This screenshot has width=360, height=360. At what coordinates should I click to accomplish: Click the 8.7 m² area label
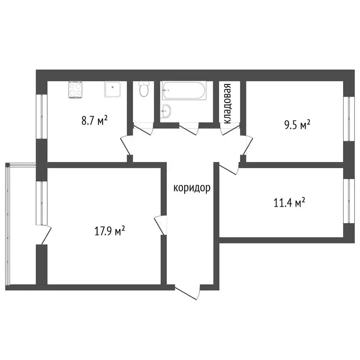point(95,121)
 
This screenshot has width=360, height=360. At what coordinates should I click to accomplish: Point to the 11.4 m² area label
point(289,203)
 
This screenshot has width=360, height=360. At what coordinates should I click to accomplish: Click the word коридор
point(192,188)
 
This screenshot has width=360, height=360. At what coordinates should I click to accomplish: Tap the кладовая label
point(227,104)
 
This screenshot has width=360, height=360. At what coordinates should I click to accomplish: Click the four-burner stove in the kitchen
point(75,90)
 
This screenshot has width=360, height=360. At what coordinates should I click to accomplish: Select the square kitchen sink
point(113,90)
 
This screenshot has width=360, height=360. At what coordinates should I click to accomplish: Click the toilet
point(144,89)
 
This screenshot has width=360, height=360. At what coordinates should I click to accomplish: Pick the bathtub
point(183,90)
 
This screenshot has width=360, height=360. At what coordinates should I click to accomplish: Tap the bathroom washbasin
point(166,111)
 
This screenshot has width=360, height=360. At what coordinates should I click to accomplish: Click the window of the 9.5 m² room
point(347,119)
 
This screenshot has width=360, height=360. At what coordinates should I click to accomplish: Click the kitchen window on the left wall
point(41,117)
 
